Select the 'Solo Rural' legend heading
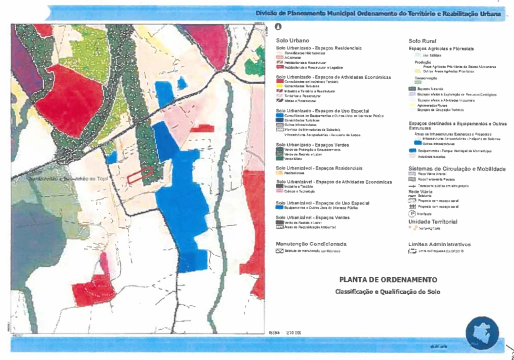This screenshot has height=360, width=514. (x=422, y=40)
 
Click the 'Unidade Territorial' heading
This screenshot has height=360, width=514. (x=432, y=221)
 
